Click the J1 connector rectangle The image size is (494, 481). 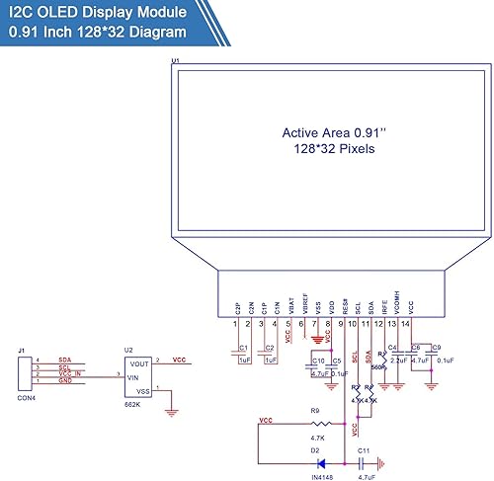tap(22, 373)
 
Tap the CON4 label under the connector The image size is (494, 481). tap(23, 398)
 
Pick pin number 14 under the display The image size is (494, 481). tap(405, 324)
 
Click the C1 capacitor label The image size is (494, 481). tap(242, 349)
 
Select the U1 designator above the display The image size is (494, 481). tap(176, 61)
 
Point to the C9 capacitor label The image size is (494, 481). tap(436, 347)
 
